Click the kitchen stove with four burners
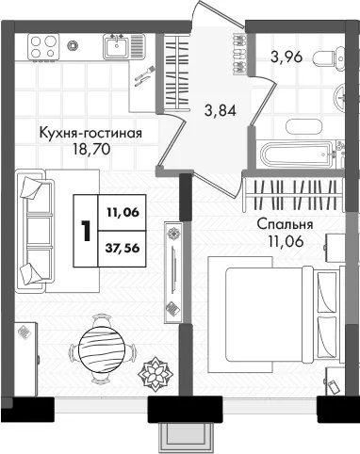pyautogui.click(x=43, y=46)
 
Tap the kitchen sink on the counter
pyautogui.click(x=117, y=46)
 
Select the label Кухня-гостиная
pyautogui.click(x=90, y=133)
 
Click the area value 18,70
pyautogui.click(x=91, y=149)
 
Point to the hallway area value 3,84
pyautogui.click(x=221, y=110)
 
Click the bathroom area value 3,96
pyautogui.click(x=286, y=57)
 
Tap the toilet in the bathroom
pyautogui.click(x=329, y=57)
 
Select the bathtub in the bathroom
pyautogui.click(x=296, y=155)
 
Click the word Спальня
pyautogui.click(x=285, y=225)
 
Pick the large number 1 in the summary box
pyautogui.click(x=86, y=231)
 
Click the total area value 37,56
pyautogui.click(x=123, y=249)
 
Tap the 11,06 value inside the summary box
pyautogui.click(x=123, y=213)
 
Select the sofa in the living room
pyautogui.click(x=34, y=231)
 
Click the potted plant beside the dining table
pyautogui.click(x=155, y=373)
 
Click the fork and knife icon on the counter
pyautogui.click(x=144, y=76)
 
